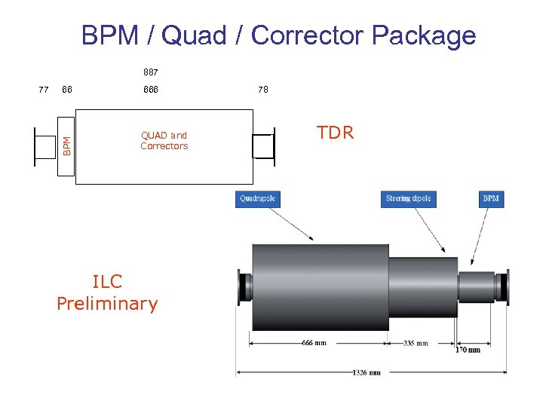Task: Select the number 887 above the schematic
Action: coord(151,73)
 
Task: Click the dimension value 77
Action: coord(44,90)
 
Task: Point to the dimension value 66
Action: coord(67,90)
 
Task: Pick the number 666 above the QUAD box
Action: coord(151,90)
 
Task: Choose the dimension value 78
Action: coord(262,90)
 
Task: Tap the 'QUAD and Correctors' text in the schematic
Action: coord(164,141)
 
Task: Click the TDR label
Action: coord(335,133)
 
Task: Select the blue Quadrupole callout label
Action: coord(257,199)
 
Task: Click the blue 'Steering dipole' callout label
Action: coord(409,199)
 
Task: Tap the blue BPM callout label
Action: coord(491,199)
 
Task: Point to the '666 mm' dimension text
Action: coord(314,343)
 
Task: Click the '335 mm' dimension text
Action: coord(415,343)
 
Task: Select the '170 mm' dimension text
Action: coord(467,350)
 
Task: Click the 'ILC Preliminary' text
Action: coord(107,292)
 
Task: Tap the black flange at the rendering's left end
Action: coord(244,286)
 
